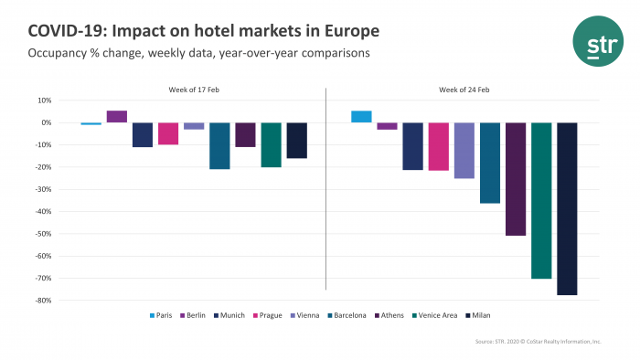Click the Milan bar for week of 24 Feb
coord(567,208)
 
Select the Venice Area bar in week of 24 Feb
coord(541,200)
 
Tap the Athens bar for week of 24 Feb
coord(516,179)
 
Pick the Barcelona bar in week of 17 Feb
coord(219,145)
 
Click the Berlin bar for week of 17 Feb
coord(117,116)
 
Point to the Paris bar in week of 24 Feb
coord(361,116)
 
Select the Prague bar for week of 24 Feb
coord(439,146)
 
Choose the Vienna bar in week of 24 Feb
coord(464,150)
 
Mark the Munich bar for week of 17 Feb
coord(143,134)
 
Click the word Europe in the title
coord(348,32)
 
